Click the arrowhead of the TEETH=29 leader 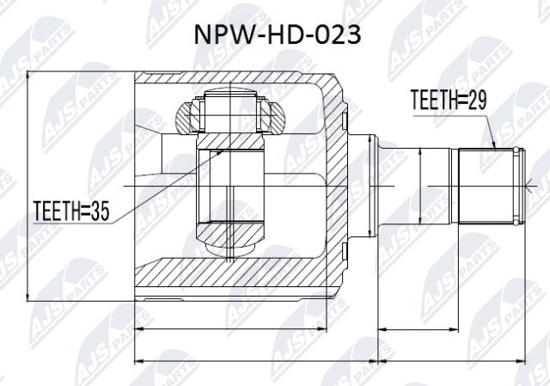[497, 150]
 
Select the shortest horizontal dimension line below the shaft [451, 328]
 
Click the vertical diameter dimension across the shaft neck [419, 184]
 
